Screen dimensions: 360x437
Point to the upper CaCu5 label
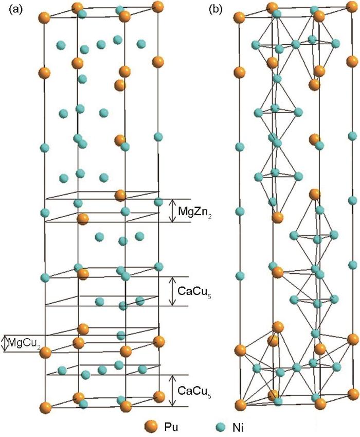[x=194, y=291]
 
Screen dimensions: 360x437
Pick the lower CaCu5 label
[x=194, y=391]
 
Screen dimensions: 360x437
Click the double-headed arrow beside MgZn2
[x=173, y=211]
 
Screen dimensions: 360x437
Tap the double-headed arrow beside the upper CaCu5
[x=173, y=291]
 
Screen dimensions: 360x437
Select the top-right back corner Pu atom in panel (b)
[x=352, y=7]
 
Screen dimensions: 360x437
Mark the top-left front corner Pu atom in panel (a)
[x=44, y=18]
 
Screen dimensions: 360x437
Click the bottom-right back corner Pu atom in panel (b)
[x=353, y=394]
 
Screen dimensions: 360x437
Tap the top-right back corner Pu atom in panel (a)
[x=158, y=7]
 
